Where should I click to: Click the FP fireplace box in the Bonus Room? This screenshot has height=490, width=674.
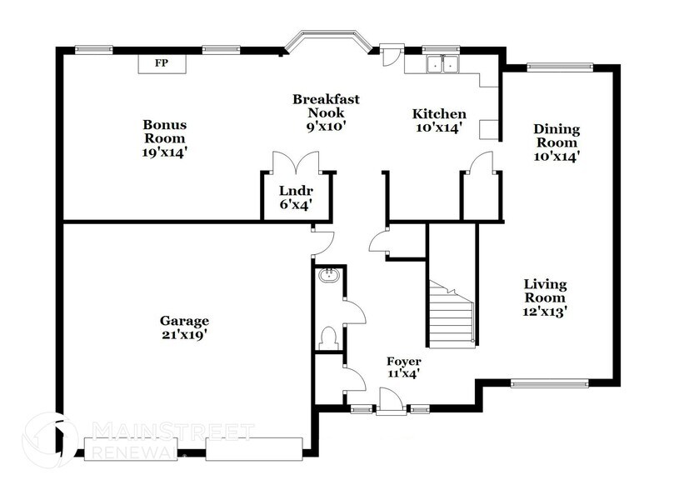(162, 63)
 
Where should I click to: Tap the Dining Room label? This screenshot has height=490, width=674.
(557, 142)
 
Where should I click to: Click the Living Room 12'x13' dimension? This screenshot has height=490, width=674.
(545, 311)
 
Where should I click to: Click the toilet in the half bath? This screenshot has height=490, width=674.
(329, 337)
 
